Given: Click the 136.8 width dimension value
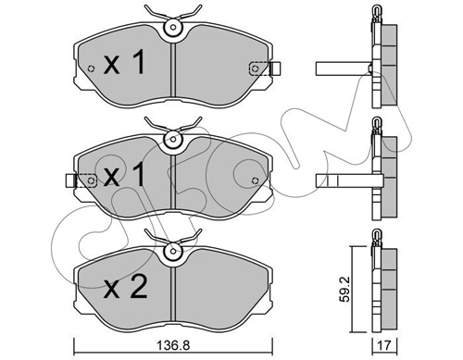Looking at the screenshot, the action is pyautogui.click(x=173, y=346).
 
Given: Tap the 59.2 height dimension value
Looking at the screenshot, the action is pyautogui.click(x=344, y=289).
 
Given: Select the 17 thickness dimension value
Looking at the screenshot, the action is pyautogui.click(x=384, y=346).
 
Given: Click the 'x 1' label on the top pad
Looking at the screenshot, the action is pyautogui.click(x=124, y=63).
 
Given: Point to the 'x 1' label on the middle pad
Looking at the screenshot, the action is pyautogui.click(x=124, y=175).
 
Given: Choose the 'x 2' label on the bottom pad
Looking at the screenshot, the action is pyautogui.click(x=125, y=287).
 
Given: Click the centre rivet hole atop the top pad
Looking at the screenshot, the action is pyautogui.click(x=173, y=27).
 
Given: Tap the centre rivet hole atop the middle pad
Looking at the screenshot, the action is pyautogui.click(x=173, y=140).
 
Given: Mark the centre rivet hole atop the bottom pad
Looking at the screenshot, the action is pyautogui.click(x=173, y=251).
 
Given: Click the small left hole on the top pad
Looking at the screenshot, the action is pyautogui.click(x=91, y=68).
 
